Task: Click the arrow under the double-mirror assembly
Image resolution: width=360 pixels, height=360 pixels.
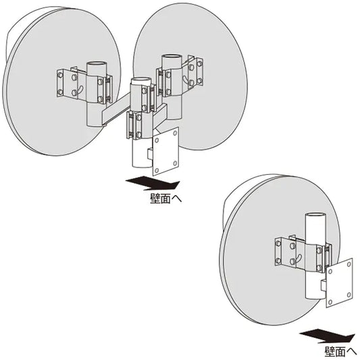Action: click(x=153, y=183)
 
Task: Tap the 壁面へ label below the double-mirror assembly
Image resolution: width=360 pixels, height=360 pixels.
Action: click(x=165, y=199)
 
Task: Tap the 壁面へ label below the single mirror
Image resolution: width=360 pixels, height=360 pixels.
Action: click(x=340, y=351)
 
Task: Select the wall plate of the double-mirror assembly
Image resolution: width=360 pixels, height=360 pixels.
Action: click(x=165, y=151)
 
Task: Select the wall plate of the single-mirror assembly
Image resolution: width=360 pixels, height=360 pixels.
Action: click(x=340, y=282)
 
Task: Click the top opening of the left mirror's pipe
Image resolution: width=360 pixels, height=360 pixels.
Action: click(x=97, y=63)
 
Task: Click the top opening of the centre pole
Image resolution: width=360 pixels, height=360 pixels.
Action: click(x=141, y=81)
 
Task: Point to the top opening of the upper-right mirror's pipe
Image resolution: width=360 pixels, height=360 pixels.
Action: click(x=172, y=57)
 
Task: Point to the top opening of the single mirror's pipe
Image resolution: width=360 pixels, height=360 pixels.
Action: click(x=315, y=216)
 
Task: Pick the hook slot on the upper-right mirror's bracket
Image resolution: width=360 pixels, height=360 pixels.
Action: click(x=186, y=79)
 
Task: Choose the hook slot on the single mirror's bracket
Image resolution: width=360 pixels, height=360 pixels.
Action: click(x=298, y=257)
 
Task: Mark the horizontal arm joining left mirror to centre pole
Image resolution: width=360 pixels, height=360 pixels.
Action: click(x=116, y=110)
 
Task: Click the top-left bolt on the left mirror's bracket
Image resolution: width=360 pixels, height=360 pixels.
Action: click(x=60, y=75)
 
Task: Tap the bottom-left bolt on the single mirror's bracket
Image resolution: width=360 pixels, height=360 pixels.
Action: click(x=278, y=261)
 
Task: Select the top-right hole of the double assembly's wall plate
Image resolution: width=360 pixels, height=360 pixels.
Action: click(x=175, y=133)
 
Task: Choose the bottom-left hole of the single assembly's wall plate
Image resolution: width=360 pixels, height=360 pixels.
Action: click(x=330, y=302)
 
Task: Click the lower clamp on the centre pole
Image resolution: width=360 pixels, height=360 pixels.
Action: click(x=134, y=125)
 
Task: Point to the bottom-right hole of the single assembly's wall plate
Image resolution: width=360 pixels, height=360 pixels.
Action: click(x=349, y=294)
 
